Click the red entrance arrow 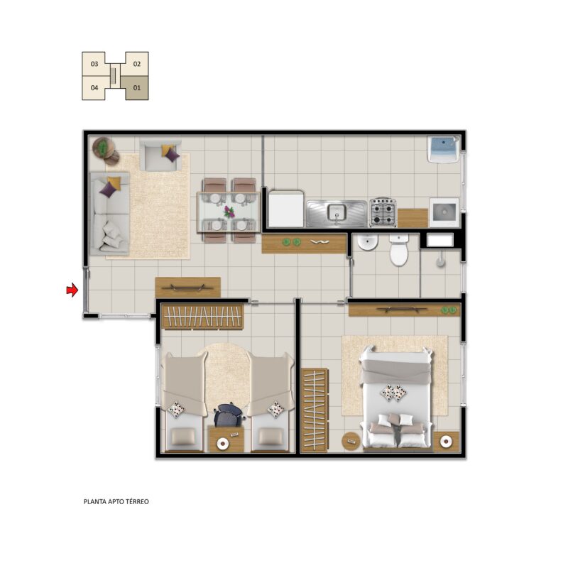pos(72,290)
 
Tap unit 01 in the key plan pos(136,87)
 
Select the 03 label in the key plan pos(94,64)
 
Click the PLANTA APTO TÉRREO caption pos(116,502)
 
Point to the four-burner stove pos(383,212)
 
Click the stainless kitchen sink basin pos(337,212)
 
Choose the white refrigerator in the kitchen pos(286,209)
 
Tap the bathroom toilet pos(399,250)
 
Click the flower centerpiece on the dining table pos(229,212)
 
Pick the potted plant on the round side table pos(104,148)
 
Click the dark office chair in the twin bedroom pos(229,415)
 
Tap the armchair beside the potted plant pos(160,155)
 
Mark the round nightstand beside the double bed pos(351,441)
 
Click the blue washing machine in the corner pos(443,149)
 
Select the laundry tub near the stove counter pos(444,212)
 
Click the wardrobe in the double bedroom pos(315,410)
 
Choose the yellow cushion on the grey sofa pos(114,182)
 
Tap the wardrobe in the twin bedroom pos(203,317)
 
